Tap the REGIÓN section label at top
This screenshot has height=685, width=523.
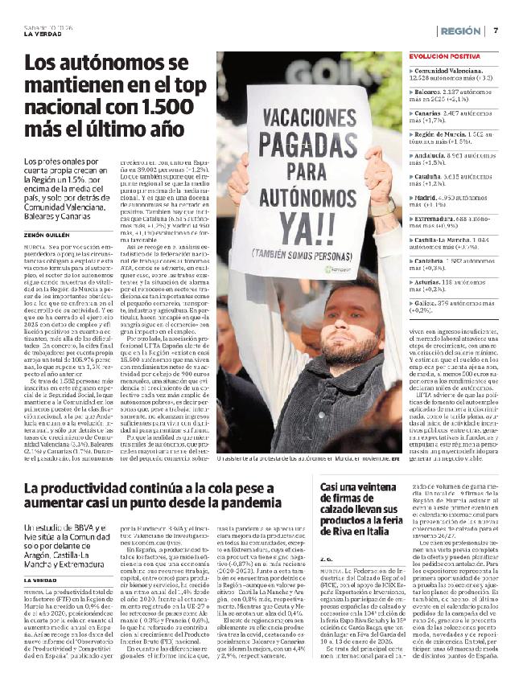pyautogui.click(x=462, y=31)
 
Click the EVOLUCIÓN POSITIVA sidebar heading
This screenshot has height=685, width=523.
pyautogui.click(x=445, y=57)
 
